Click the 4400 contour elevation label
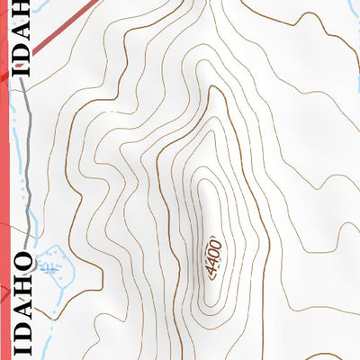point(212,258)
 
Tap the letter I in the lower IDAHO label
point(24,346)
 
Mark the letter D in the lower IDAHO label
point(24,326)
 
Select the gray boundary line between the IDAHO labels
point(30,162)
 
